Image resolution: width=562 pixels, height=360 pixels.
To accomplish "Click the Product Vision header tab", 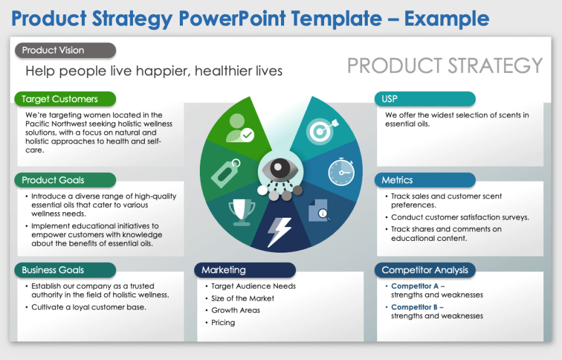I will click(x=65, y=51).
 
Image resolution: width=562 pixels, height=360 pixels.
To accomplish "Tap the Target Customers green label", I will click(x=65, y=99).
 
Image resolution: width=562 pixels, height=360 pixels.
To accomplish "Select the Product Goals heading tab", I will click(x=65, y=180).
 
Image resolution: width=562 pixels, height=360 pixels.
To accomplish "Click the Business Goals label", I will click(x=65, y=270).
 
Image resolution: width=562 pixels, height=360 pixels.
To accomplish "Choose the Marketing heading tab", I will click(x=245, y=270).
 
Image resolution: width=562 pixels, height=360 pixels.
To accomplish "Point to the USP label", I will click(x=425, y=99).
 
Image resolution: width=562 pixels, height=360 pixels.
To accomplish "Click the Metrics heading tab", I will click(x=425, y=180).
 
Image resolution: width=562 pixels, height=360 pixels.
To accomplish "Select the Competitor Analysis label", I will click(x=425, y=270).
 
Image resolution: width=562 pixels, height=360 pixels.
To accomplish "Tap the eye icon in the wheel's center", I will click(x=280, y=170).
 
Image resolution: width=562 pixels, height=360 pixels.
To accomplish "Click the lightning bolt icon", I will click(x=279, y=231).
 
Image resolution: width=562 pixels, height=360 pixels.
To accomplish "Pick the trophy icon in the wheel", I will click(x=242, y=212).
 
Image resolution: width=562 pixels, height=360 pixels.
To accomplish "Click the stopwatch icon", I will click(x=341, y=170).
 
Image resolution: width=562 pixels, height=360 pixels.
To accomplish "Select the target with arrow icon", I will click(x=321, y=129).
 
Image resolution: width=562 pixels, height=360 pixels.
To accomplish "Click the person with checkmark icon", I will click(x=240, y=127).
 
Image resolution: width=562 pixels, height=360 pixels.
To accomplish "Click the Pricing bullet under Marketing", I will click(x=223, y=323).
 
